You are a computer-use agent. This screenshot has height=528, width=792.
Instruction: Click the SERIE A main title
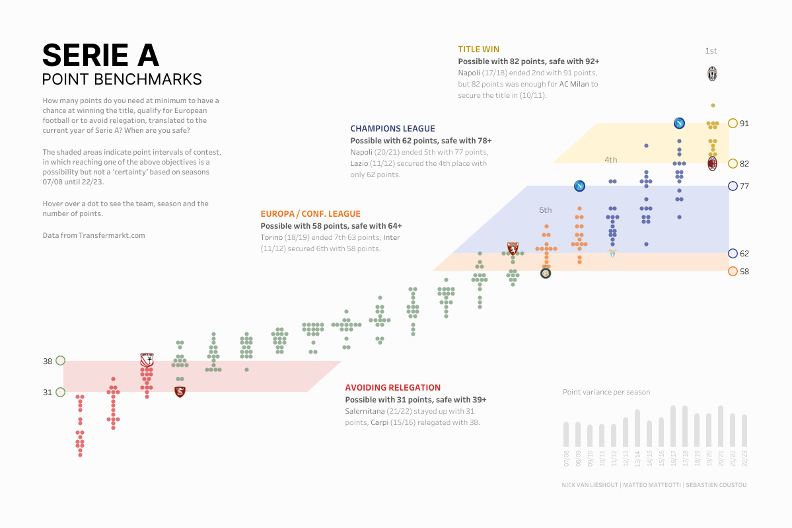click(100, 56)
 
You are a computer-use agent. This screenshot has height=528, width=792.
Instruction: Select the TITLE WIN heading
click(478, 49)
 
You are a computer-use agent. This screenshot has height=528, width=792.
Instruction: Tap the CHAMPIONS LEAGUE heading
click(392, 129)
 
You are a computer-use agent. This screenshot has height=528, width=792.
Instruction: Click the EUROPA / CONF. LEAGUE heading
click(310, 213)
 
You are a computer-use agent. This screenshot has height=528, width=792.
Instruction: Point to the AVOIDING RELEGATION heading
click(392, 388)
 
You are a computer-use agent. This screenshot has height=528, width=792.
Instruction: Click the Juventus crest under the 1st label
click(712, 74)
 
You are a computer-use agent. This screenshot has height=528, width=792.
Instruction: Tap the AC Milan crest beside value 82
click(713, 163)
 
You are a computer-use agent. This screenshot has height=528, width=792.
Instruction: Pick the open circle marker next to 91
click(732, 123)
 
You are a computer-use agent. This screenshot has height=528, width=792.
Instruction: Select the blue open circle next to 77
click(732, 186)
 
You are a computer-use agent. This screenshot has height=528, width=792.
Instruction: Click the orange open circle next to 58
click(732, 272)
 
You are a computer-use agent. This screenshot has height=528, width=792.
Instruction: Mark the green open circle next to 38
click(61, 360)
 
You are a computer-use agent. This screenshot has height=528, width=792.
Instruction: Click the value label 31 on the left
click(48, 393)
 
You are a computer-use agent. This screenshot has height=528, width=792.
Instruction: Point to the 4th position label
click(610, 160)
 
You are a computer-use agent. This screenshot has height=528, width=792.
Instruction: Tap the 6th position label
click(545, 210)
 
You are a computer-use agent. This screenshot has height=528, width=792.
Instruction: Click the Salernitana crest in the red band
click(180, 392)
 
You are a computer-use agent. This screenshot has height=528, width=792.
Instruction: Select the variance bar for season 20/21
click(721, 426)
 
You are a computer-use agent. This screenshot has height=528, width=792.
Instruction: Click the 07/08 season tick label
click(566, 457)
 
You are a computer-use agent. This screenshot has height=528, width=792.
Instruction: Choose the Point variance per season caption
click(606, 392)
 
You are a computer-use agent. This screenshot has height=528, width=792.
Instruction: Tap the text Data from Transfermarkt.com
click(93, 235)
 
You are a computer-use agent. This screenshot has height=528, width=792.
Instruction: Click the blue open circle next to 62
click(732, 254)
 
